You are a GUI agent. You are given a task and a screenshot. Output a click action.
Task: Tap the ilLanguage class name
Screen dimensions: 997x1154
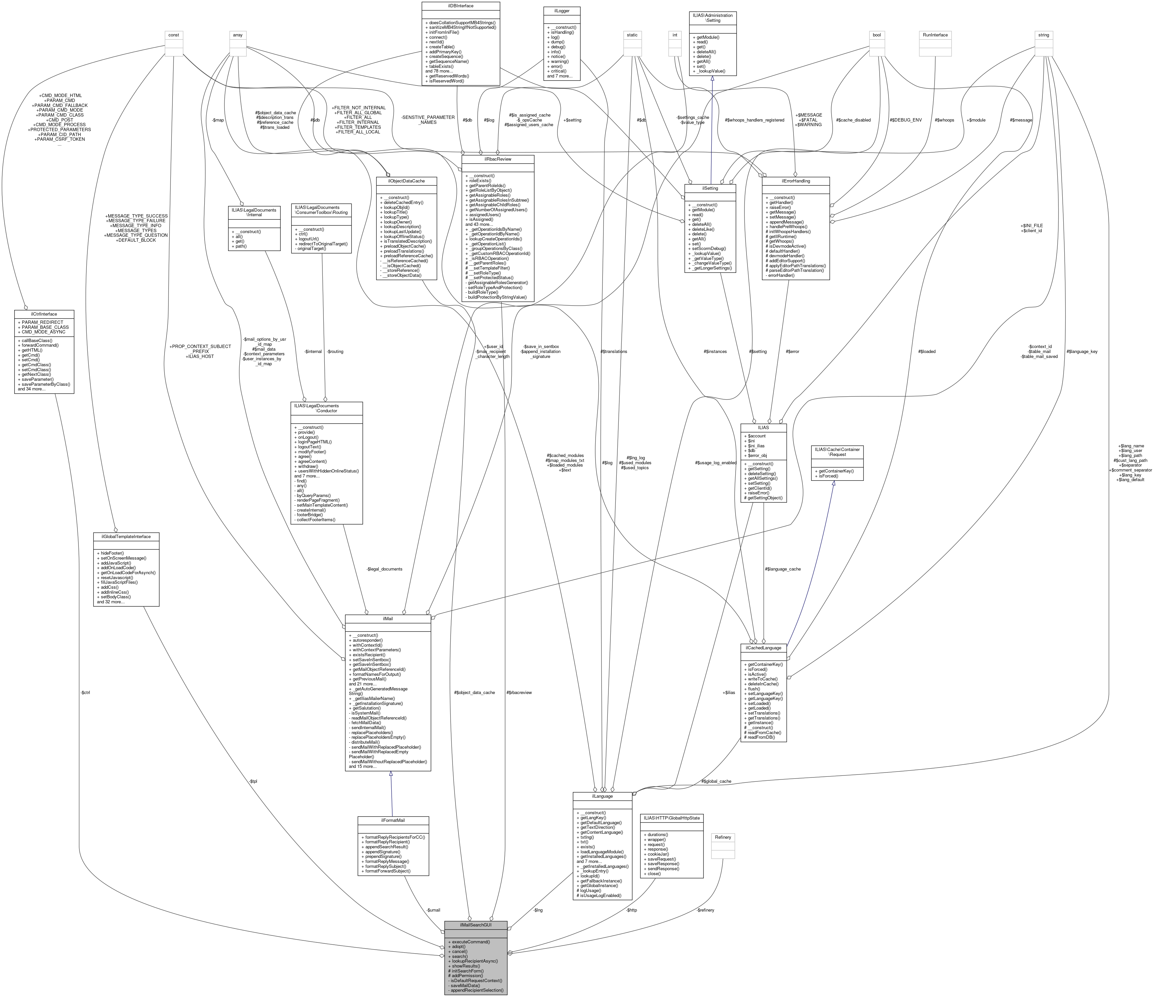click(x=602, y=796)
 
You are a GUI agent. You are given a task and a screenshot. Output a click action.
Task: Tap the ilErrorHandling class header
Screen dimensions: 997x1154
click(x=795, y=181)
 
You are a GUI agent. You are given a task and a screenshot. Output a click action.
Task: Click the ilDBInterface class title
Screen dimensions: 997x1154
click(x=460, y=6)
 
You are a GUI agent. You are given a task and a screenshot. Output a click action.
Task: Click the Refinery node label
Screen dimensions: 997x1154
click(x=723, y=837)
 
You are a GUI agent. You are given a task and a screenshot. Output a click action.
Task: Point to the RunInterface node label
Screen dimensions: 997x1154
click(x=935, y=34)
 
